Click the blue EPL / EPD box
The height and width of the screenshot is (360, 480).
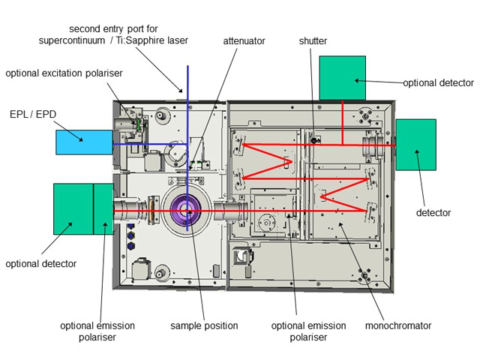[84, 143]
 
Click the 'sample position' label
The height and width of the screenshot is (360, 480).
[204, 325]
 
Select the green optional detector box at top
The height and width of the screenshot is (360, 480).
[343, 78]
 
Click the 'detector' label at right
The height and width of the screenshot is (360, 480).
[433, 213]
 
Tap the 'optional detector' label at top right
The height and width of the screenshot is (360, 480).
[438, 82]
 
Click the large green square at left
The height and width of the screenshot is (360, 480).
[73, 208]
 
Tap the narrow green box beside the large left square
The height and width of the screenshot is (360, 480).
[103, 208]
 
